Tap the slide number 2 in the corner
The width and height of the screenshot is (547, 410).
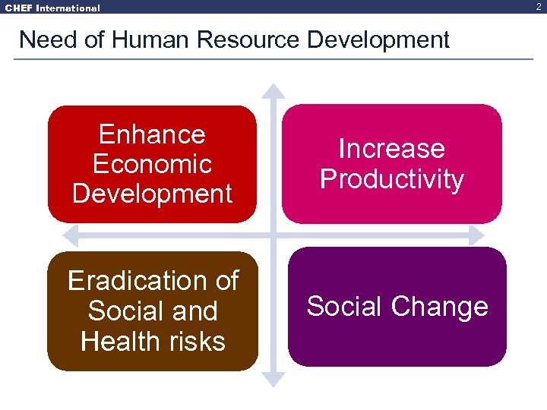539,6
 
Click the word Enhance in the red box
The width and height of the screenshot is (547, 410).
152,134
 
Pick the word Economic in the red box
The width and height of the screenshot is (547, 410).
152,164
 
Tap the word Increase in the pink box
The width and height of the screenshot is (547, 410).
391,148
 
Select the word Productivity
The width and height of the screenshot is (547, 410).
391,179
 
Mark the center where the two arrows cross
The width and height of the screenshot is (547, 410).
273,235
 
